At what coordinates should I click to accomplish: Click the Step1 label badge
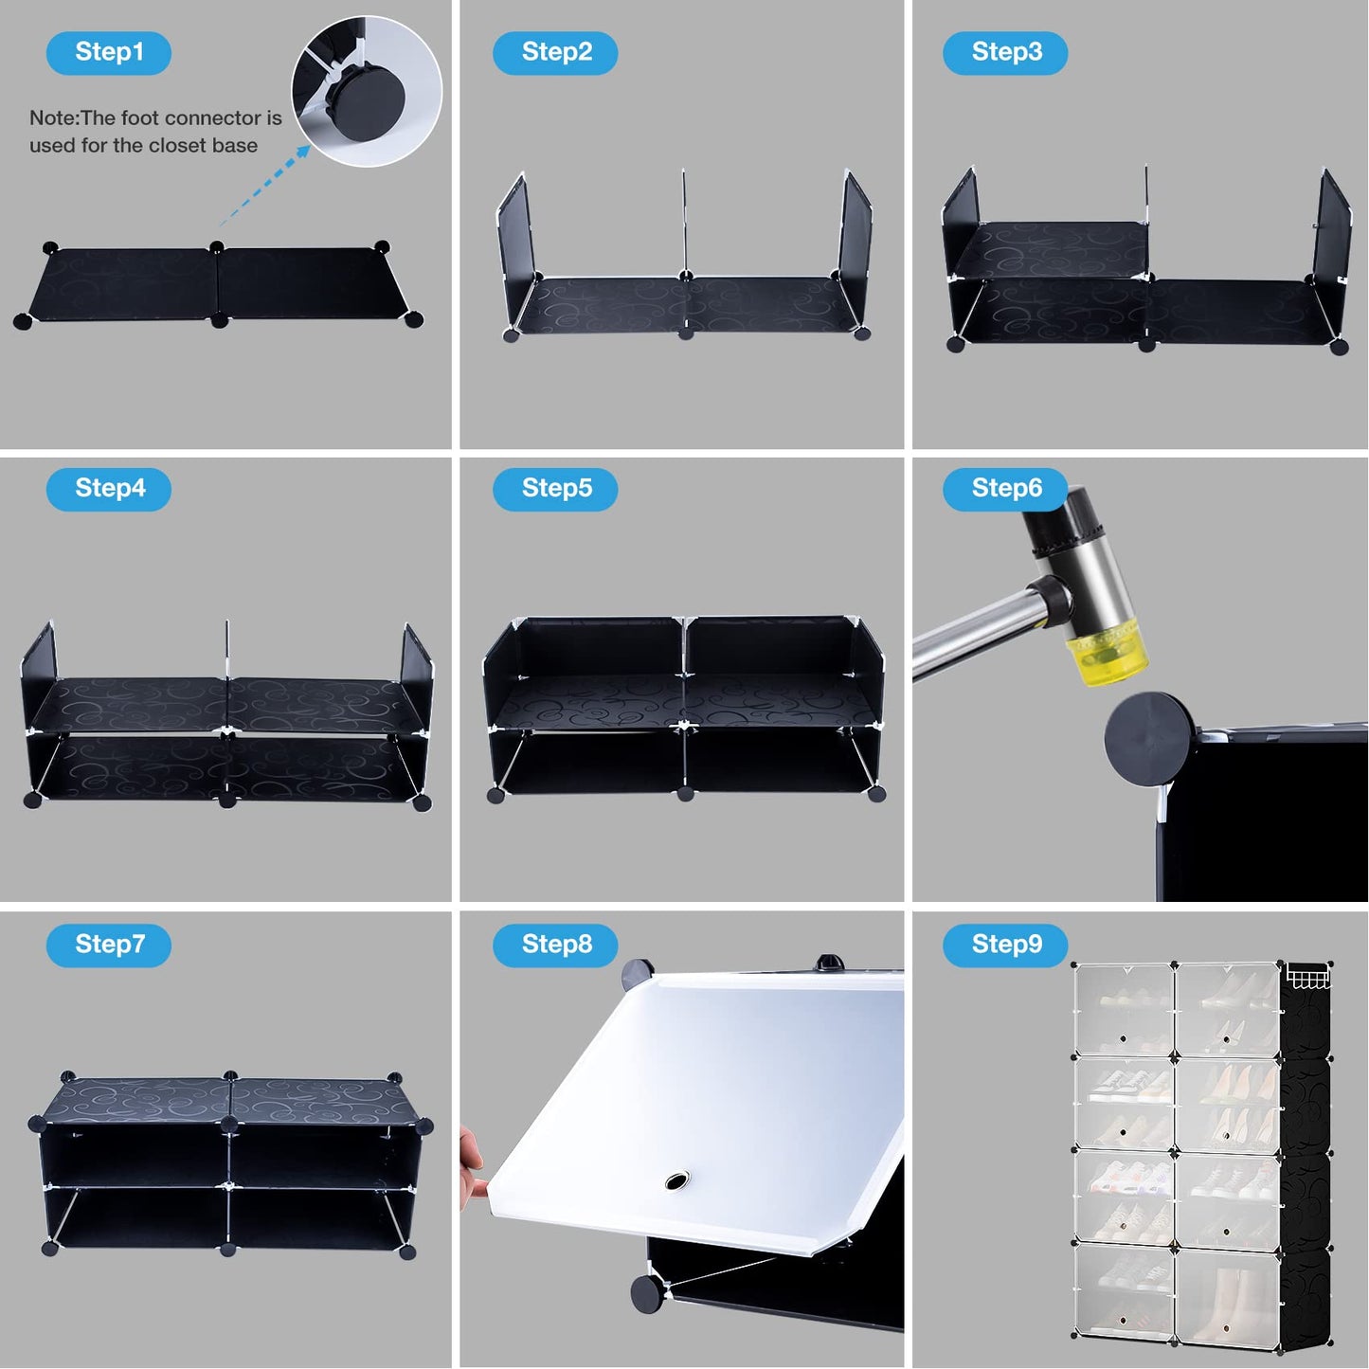click(109, 52)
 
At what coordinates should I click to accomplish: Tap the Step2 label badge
click(555, 52)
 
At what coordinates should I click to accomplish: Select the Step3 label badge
click(1005, 52)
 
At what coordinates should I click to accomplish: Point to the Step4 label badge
click(109, 489)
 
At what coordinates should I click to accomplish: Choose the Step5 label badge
click(555, 489)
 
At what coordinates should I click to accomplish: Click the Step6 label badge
click(1005, 489)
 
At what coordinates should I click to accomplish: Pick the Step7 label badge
click(109, 945)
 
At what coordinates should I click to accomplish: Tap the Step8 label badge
click(555, 945)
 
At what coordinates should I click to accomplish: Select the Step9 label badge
click(1005, 945)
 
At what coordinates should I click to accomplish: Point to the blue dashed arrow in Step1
click(264, 186)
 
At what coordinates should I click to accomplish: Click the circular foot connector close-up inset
click(367, 92)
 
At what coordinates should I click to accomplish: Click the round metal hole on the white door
click(676, 1180)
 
